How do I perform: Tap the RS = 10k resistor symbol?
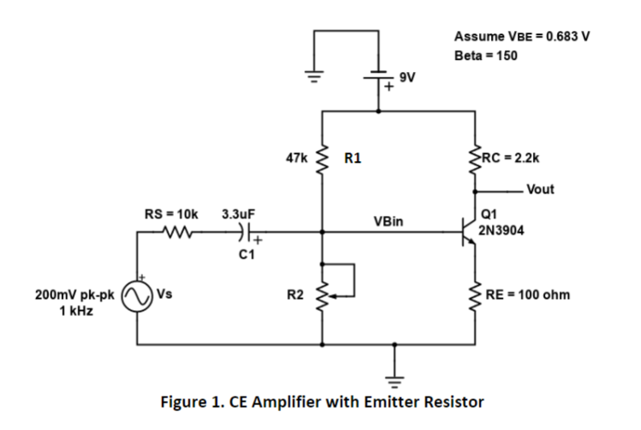pyautogui.click(x=177, y=232)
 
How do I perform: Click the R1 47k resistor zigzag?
pyautogui.click(x=322, y=158)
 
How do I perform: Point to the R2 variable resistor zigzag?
pyautogui.click(x=322, y=296)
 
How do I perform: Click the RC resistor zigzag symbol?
pyautogui.click(x=475, y=158)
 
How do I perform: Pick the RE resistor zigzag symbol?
pyautogui.click(x=475, y=296)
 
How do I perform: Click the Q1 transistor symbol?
pyautogui.click(x=469, y=232)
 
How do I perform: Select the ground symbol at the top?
pyautogui.click(x=314, y=76)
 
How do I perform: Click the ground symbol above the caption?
pyautogui.click(x=394, y=382)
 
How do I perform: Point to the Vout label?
pyautogui.click(x=540, y=189)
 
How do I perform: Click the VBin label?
pyautogui.click(x=388, y=221)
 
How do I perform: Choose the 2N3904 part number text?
pyautogui.click(x=501, y=230)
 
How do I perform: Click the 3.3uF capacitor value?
pyautogui.click(x=238, y=214)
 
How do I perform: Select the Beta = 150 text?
pyautogui.click(x=486, y=55)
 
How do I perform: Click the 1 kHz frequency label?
pyautogui.click(x=76, y=311)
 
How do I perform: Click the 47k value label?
pyautogui.click(x=297, y=158)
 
